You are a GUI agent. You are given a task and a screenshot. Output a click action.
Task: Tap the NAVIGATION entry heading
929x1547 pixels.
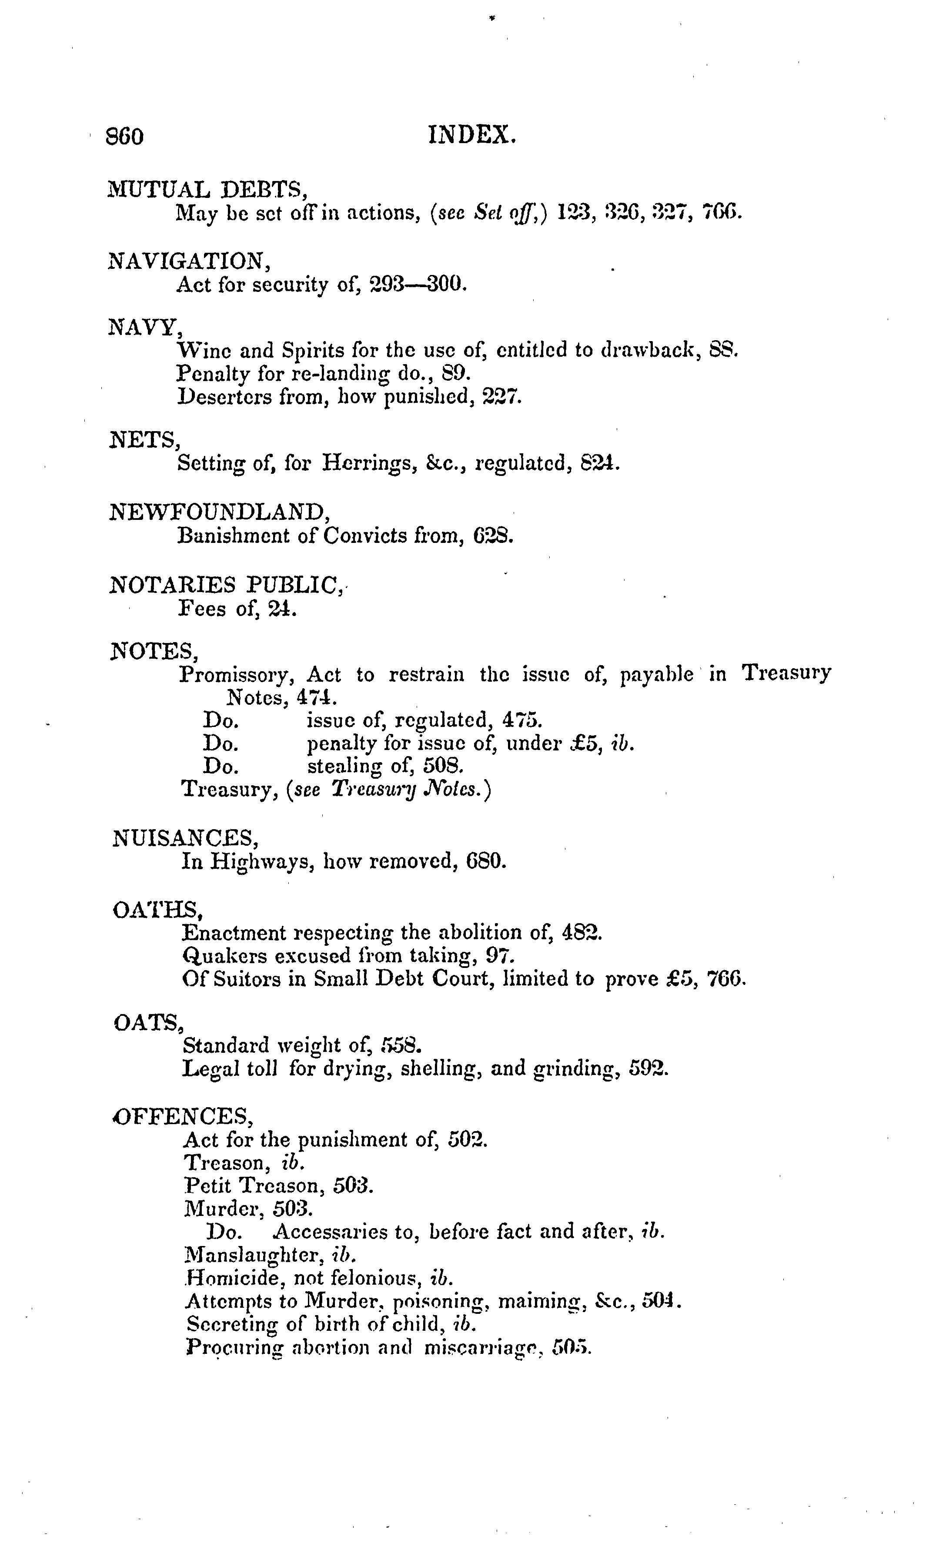189,261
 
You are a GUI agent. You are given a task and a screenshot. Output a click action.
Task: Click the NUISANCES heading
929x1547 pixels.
185,838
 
